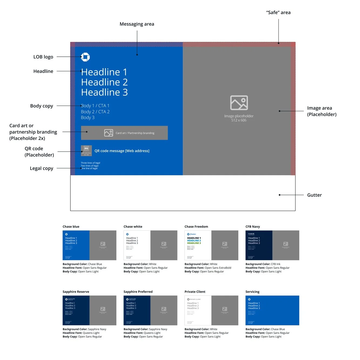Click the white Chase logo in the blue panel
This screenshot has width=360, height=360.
[x=85, y=57]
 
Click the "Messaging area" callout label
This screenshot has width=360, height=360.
[x=137, y=24]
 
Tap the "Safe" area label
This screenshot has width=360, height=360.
[x=278, y=12]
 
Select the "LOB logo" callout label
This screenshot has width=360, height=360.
[x=43, y=57]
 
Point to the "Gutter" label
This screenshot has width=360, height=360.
[x=314, y=195]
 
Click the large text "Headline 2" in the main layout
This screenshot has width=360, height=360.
[x=104, y=82]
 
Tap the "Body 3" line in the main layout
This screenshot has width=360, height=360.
[x=88, y=117]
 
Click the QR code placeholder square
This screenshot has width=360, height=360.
[x=86, y=151]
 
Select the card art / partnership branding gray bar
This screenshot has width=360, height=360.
[x=124, y=133]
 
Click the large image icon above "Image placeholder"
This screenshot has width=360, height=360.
[x=239, y=103]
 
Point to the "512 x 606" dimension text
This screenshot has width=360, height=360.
[x=239, y=120]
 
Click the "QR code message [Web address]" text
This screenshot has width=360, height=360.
[x=122, y=151]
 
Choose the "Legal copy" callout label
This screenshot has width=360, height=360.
[x=42, y=168]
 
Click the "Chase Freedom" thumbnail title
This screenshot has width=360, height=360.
[x=196, y=227]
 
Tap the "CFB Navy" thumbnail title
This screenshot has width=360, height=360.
[x=253, y=227]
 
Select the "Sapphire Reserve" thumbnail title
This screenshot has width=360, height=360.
[x=76, y=292]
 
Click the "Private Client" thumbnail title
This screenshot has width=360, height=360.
[x=195, y=292]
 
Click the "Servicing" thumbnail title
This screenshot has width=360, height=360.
[x=253, y=292]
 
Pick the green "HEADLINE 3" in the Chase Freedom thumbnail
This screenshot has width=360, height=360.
[x=194, y=243]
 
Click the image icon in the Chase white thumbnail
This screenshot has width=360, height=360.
[x=164, y=244]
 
